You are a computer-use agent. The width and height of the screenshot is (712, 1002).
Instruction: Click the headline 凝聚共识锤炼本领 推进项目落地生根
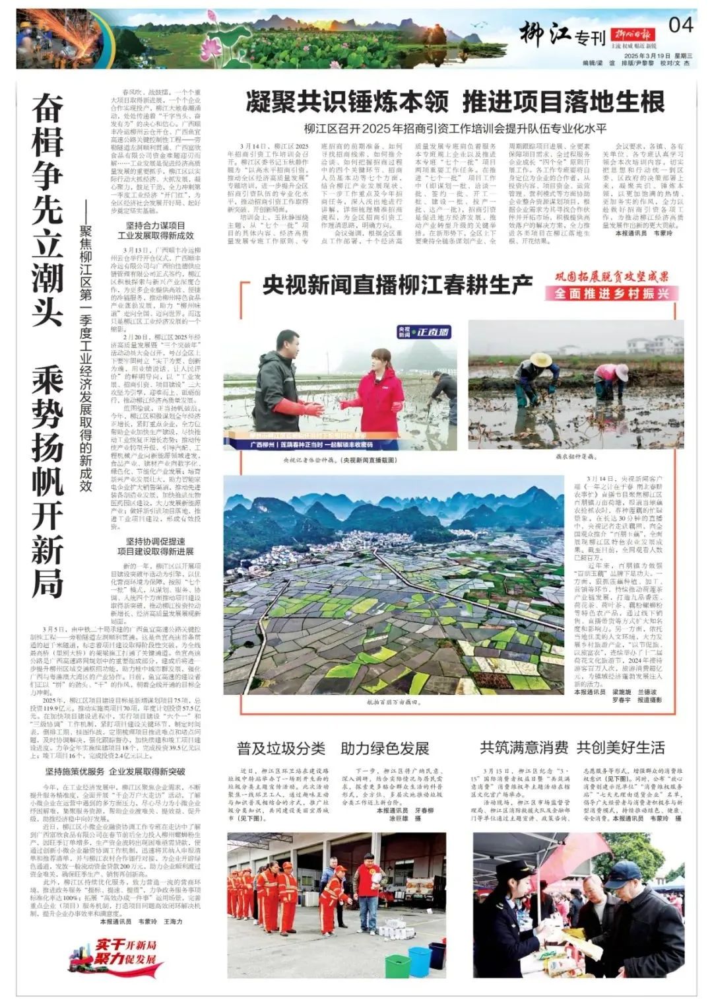click(x=455, y=102)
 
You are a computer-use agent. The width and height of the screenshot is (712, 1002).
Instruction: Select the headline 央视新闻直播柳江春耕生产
click(x=397, y=285)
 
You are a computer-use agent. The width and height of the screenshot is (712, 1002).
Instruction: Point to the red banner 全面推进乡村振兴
click(x=612, y=293)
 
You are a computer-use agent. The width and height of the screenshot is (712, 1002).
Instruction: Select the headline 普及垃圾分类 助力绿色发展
click(x=333, y=748)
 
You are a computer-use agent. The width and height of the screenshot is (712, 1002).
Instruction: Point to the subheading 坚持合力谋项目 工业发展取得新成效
click(x=156, y=230)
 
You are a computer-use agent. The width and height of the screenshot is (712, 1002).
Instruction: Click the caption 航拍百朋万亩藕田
click(x=393, y=703)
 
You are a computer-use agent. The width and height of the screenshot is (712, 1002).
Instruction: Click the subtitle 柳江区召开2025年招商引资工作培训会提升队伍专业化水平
click(x=455, y=129)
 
